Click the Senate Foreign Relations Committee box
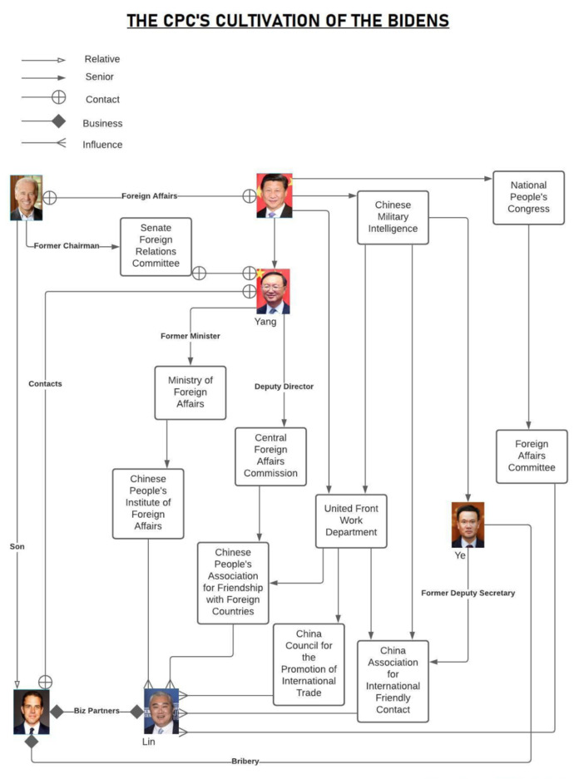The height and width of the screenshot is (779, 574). point(156,246)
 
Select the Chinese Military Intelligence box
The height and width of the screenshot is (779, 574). point(393,217)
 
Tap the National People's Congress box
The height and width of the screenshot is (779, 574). point(528,197)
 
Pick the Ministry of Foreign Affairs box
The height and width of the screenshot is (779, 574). point(191,392)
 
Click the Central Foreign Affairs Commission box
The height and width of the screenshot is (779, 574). point(270,456)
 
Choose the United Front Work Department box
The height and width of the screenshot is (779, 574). point(351,520)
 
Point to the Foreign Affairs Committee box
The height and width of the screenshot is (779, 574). point(532,456)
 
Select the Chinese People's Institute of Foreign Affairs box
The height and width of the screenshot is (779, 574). point(148,503)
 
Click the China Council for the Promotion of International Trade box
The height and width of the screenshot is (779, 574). point(309,663)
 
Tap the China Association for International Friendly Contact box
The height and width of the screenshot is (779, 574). point(393,680)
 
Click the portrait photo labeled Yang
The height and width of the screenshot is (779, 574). point(273,291)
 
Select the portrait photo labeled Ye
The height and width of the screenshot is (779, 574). point(468,525)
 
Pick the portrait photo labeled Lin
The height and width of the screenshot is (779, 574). point(161,711)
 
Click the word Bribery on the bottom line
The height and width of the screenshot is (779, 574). point(245,762)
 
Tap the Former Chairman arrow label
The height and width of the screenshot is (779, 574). point(67,246)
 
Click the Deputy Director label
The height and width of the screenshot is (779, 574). point(284,387)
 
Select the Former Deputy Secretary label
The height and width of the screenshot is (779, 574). point(468,593)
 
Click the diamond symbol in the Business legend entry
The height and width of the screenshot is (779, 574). point(58,122)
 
